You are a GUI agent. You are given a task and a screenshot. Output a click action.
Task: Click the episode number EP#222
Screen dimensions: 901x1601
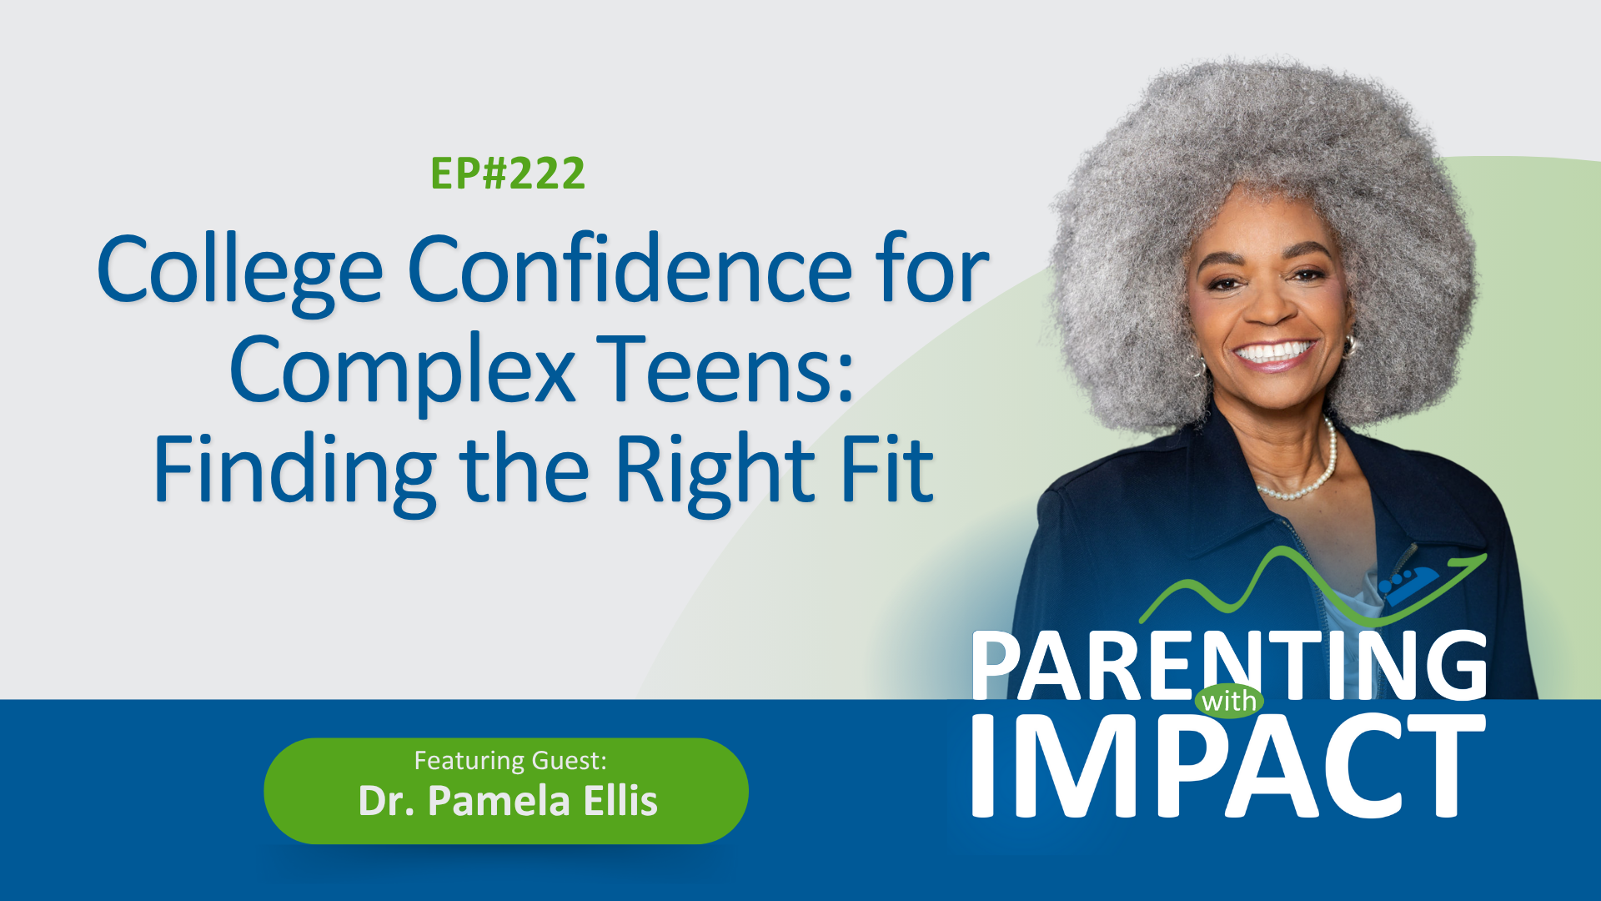click(508, 174)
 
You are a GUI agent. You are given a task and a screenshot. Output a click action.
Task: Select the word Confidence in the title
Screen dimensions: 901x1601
click(630, 270)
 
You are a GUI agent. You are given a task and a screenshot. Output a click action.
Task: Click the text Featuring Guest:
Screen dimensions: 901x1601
click(510, 761)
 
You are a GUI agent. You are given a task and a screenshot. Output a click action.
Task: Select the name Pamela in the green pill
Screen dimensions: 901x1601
click(499, 801)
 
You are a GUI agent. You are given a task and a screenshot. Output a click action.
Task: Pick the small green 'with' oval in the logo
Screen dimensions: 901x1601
click(1229, 701)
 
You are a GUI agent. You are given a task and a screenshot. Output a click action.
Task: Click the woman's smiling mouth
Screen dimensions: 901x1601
click(1273, 354)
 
